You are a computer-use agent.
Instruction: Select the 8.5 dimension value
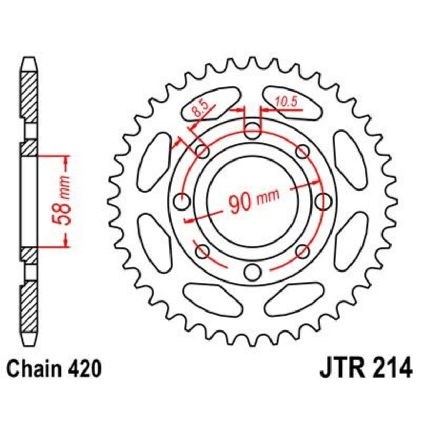pos(201,109)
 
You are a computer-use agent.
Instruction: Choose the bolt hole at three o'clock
pos(323,201)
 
